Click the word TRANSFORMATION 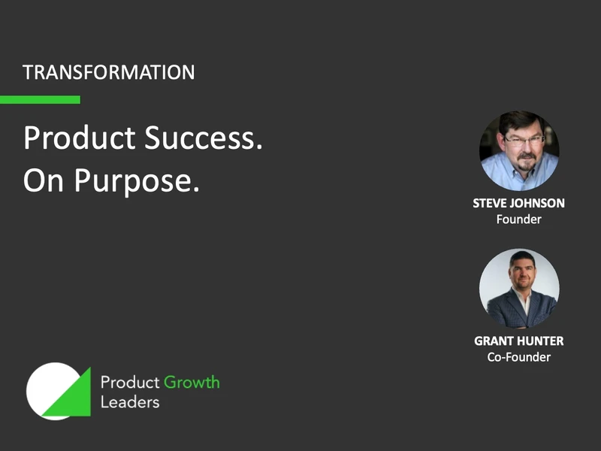[108, 73]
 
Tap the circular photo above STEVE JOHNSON [518, 150]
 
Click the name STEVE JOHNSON [518, 204]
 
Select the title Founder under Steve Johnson [518, 219]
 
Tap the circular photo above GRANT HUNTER [518, 288]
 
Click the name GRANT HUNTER [518, 341]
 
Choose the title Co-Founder [518, 357]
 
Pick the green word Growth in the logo [192, 382]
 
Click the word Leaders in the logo [130, 402]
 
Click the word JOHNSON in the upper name [536, 204]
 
